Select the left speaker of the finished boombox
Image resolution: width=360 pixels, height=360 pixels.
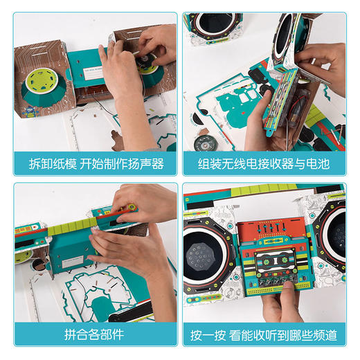(207, 246)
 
